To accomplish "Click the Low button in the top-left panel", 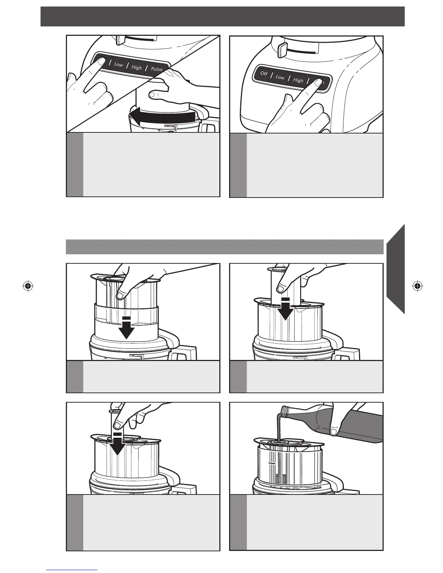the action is coord(118,64).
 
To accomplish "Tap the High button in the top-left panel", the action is coord(137,68).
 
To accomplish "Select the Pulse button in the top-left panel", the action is coord(157,69).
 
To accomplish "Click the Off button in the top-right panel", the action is coord(264,73).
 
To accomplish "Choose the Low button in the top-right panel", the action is coord(280,77).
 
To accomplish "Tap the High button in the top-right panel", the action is coord(298,80).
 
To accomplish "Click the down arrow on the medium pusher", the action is coord(286,309).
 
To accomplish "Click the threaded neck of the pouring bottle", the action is coord(285,412).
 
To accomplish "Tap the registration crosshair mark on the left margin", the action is coord(28,286).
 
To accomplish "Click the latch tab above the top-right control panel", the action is coord(283,49).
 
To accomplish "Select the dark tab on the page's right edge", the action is coord(396,269).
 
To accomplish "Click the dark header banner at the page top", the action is coord(223,16).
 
